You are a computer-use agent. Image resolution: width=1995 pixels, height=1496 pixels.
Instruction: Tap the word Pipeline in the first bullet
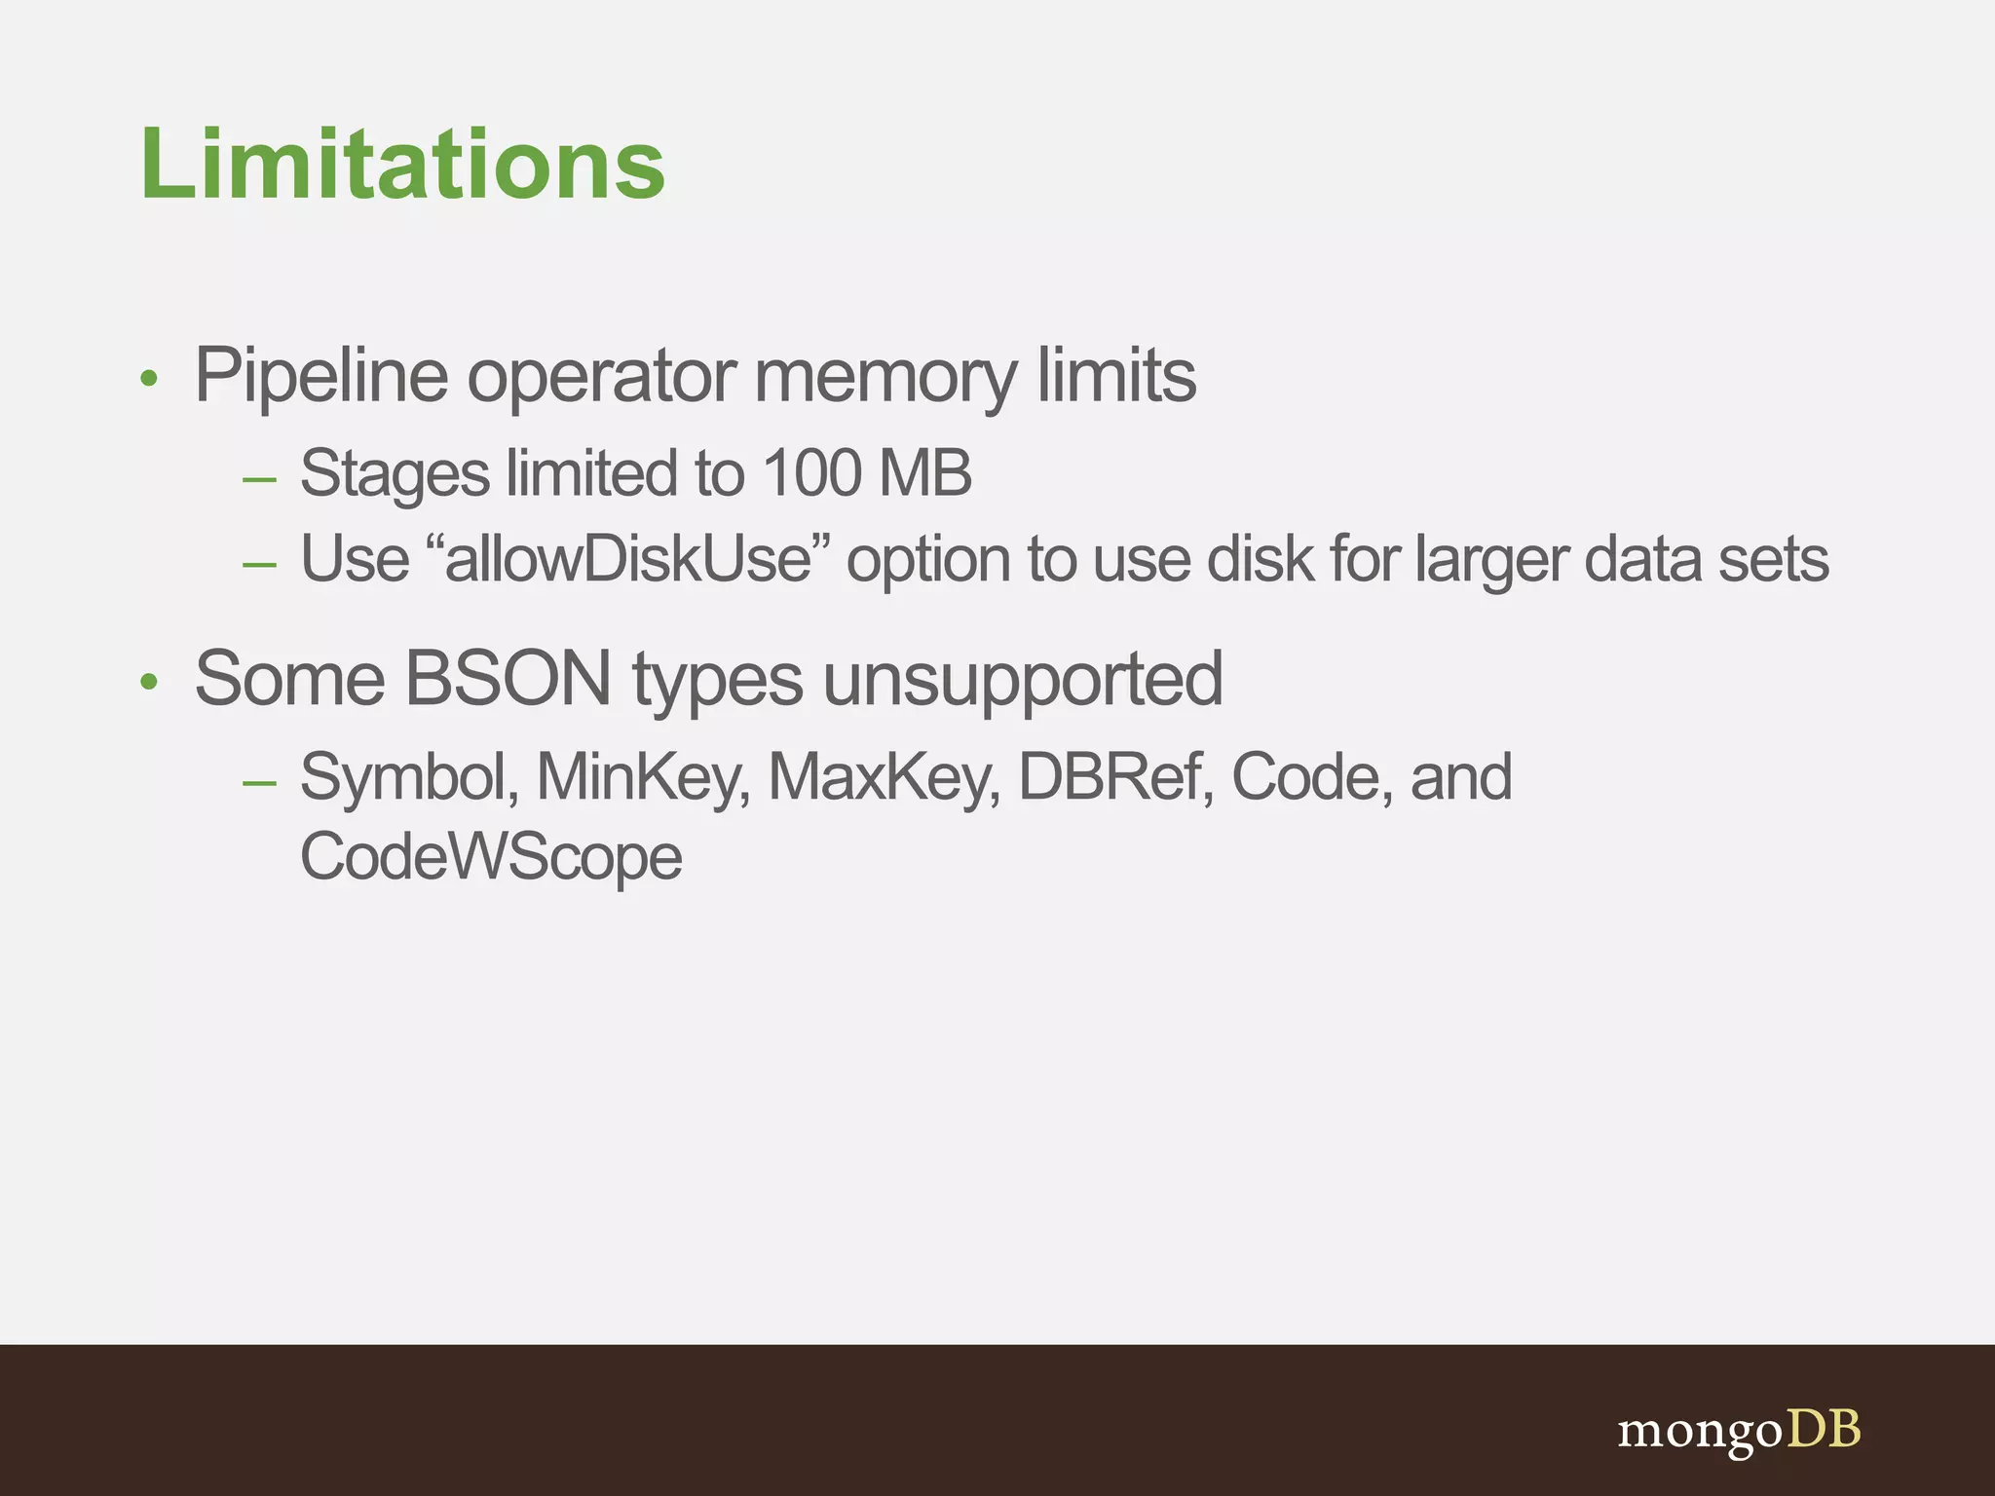tap(320, 376)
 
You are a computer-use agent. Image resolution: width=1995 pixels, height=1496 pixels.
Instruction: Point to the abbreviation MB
tap(924, 473)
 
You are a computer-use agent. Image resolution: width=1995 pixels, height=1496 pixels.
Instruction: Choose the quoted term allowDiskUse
tap(628, 559)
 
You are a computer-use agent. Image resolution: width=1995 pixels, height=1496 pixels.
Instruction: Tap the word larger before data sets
tap(1491, 561)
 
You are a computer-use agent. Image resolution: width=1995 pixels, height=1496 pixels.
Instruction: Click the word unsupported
tap(1023, 680)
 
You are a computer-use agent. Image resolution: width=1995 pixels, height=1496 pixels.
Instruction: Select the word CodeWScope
tap(491, 857)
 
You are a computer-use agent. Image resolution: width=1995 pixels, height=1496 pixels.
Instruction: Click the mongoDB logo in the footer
tap(1739, 1430)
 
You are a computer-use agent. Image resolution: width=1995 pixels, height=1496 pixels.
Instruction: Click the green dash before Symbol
tap(260, 782)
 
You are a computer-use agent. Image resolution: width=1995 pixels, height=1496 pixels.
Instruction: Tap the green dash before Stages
tap(260, 479)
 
